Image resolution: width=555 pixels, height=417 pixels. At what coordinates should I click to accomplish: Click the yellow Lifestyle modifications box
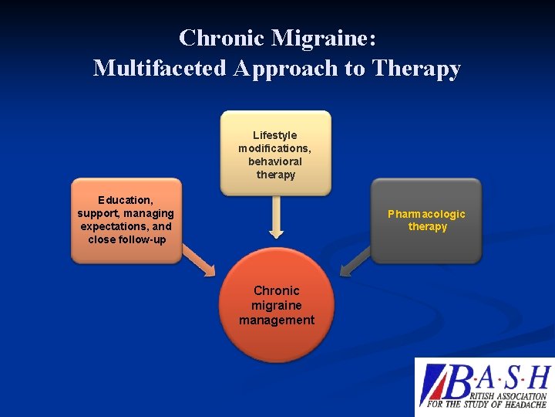coord(276,153)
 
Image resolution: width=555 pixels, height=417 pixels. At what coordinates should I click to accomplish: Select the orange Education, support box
coord(126,221)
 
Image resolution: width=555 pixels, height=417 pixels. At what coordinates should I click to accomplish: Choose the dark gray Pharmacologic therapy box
coord(426,221)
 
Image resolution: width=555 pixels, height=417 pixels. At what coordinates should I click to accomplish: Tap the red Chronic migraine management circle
coord(277,305)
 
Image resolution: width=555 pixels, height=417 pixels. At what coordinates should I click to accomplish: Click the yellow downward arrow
coord(276,219)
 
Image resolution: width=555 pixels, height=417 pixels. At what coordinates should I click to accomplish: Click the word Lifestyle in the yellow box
coord(275,135)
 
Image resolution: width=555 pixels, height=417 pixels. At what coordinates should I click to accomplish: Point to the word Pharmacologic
coord(426,214)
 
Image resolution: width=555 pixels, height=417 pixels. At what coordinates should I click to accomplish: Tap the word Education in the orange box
coord(126,200)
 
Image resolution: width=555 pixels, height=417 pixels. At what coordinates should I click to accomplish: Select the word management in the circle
coord(277,320)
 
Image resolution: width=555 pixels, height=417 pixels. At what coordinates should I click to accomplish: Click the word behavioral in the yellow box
coord(275,161)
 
